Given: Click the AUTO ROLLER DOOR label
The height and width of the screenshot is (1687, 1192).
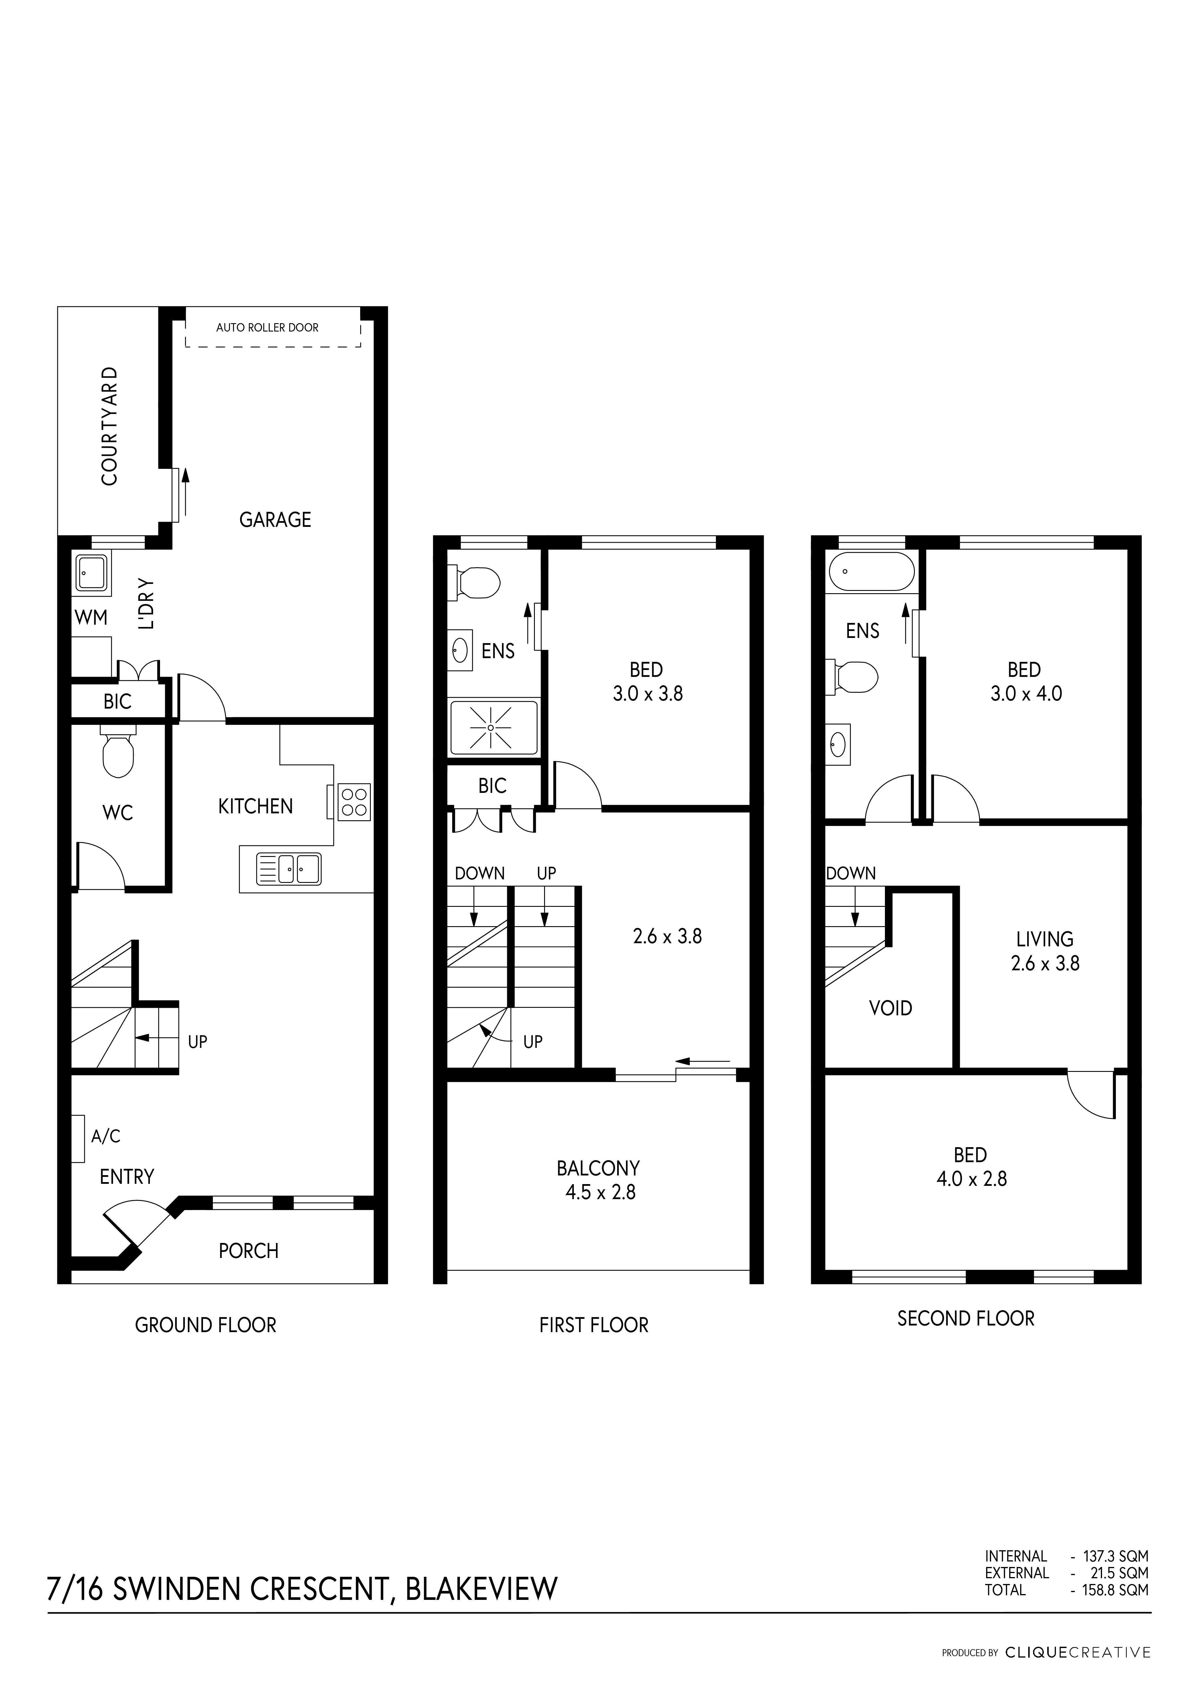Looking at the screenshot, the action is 267,328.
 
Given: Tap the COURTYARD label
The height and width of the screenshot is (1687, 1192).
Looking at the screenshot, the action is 110,426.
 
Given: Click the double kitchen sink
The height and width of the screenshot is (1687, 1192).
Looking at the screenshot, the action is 289,868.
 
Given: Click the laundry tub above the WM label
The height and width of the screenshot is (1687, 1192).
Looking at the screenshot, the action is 93,573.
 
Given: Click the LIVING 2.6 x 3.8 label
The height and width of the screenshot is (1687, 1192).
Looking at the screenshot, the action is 1045,951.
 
